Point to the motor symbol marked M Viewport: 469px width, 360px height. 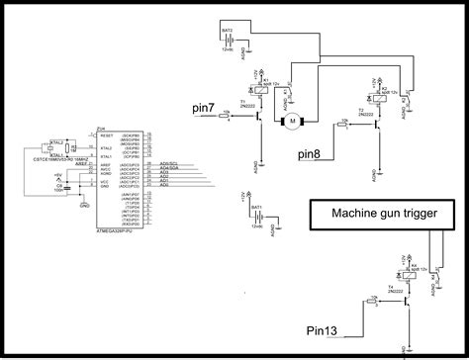[x=292, y=122]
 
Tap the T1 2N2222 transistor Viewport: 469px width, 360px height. [x=256, y=116]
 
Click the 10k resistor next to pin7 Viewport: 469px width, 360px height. [x=231, y=116]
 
